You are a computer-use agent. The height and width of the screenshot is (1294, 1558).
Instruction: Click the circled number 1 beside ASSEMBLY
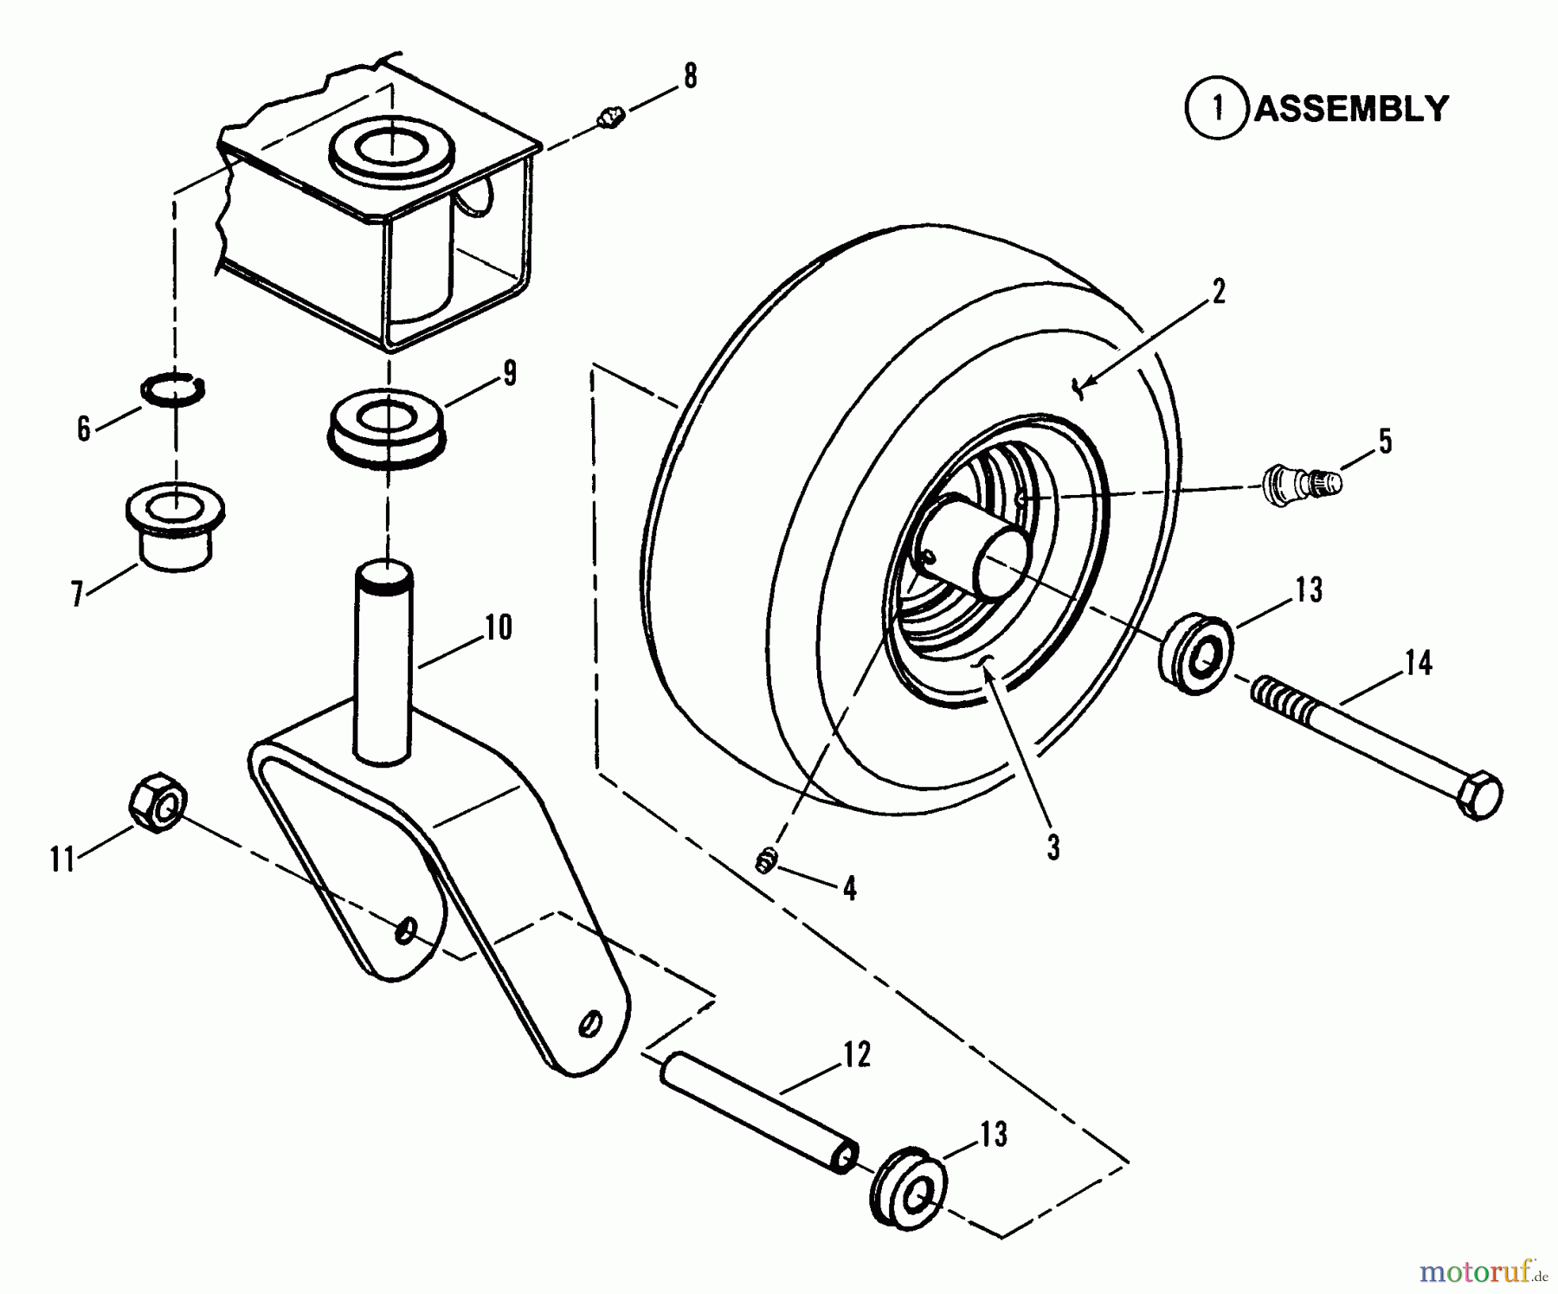1217,109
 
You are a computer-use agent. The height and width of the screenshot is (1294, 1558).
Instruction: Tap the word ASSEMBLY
1351,109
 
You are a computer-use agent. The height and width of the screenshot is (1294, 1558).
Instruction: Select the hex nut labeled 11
158,804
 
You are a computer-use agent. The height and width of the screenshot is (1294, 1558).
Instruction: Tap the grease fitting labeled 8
612,117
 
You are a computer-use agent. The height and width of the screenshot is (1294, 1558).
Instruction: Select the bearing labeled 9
387,429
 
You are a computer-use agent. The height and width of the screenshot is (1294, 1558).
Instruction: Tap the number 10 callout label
499,627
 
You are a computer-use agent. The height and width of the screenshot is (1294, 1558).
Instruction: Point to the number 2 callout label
1219,293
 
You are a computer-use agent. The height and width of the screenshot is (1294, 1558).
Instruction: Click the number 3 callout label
1053,848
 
